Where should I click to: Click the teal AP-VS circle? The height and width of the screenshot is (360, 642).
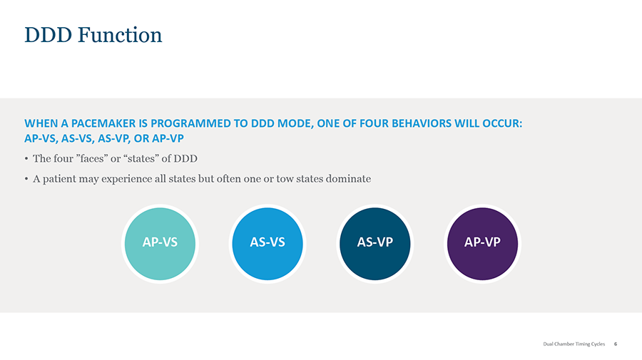point(160,244)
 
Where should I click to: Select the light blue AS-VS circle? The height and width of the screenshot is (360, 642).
point(267,244)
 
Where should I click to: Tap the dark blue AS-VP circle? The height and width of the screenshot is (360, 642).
point(375,244)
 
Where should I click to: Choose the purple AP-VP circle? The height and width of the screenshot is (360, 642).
point(482,244)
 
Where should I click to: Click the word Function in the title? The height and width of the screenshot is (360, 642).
point(120,35)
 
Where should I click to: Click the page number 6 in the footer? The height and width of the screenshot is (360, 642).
point(616,344)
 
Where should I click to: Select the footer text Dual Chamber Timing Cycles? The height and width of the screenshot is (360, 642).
point(574,344)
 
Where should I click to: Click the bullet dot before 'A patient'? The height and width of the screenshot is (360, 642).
point(26,179)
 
